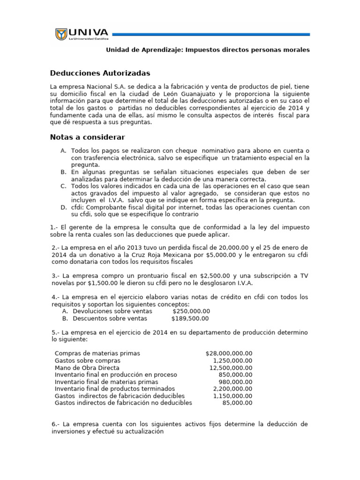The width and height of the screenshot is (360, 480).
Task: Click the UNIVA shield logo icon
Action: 61,34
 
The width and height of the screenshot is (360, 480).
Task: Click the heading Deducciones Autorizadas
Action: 100,73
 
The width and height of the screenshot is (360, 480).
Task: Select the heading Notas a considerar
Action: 87,137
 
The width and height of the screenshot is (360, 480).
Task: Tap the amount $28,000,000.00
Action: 229,353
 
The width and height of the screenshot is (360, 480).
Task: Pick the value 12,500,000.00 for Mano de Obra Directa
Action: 231,367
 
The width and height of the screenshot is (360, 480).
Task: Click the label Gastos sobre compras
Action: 88,360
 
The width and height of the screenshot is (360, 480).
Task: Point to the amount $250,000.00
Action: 191,311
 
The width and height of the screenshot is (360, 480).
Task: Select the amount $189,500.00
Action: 190,318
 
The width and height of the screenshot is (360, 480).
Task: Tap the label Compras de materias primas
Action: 97,353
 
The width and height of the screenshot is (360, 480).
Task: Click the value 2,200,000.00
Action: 232,389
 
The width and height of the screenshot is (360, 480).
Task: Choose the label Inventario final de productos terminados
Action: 115,389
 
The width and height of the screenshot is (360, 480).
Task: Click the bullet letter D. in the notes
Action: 63,207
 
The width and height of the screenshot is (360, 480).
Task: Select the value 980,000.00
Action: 235,382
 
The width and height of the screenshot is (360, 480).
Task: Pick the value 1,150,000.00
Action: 232,396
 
